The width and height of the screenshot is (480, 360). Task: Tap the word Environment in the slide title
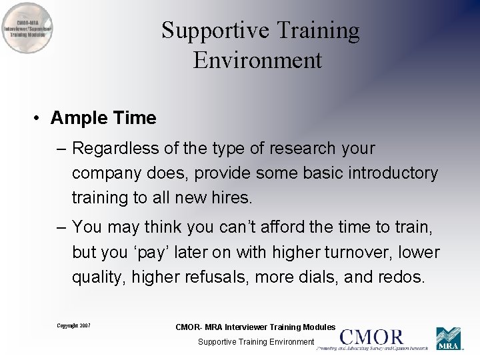(258, 60)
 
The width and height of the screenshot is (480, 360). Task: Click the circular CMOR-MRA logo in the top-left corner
(27, 28)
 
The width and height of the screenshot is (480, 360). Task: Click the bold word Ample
(79, 118)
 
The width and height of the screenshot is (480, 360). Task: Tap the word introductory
(385, 173)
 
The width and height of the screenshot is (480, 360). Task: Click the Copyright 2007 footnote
(73, 326)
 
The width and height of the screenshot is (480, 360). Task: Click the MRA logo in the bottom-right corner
(449, 339)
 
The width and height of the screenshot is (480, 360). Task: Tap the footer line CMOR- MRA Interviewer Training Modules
(255, 327)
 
